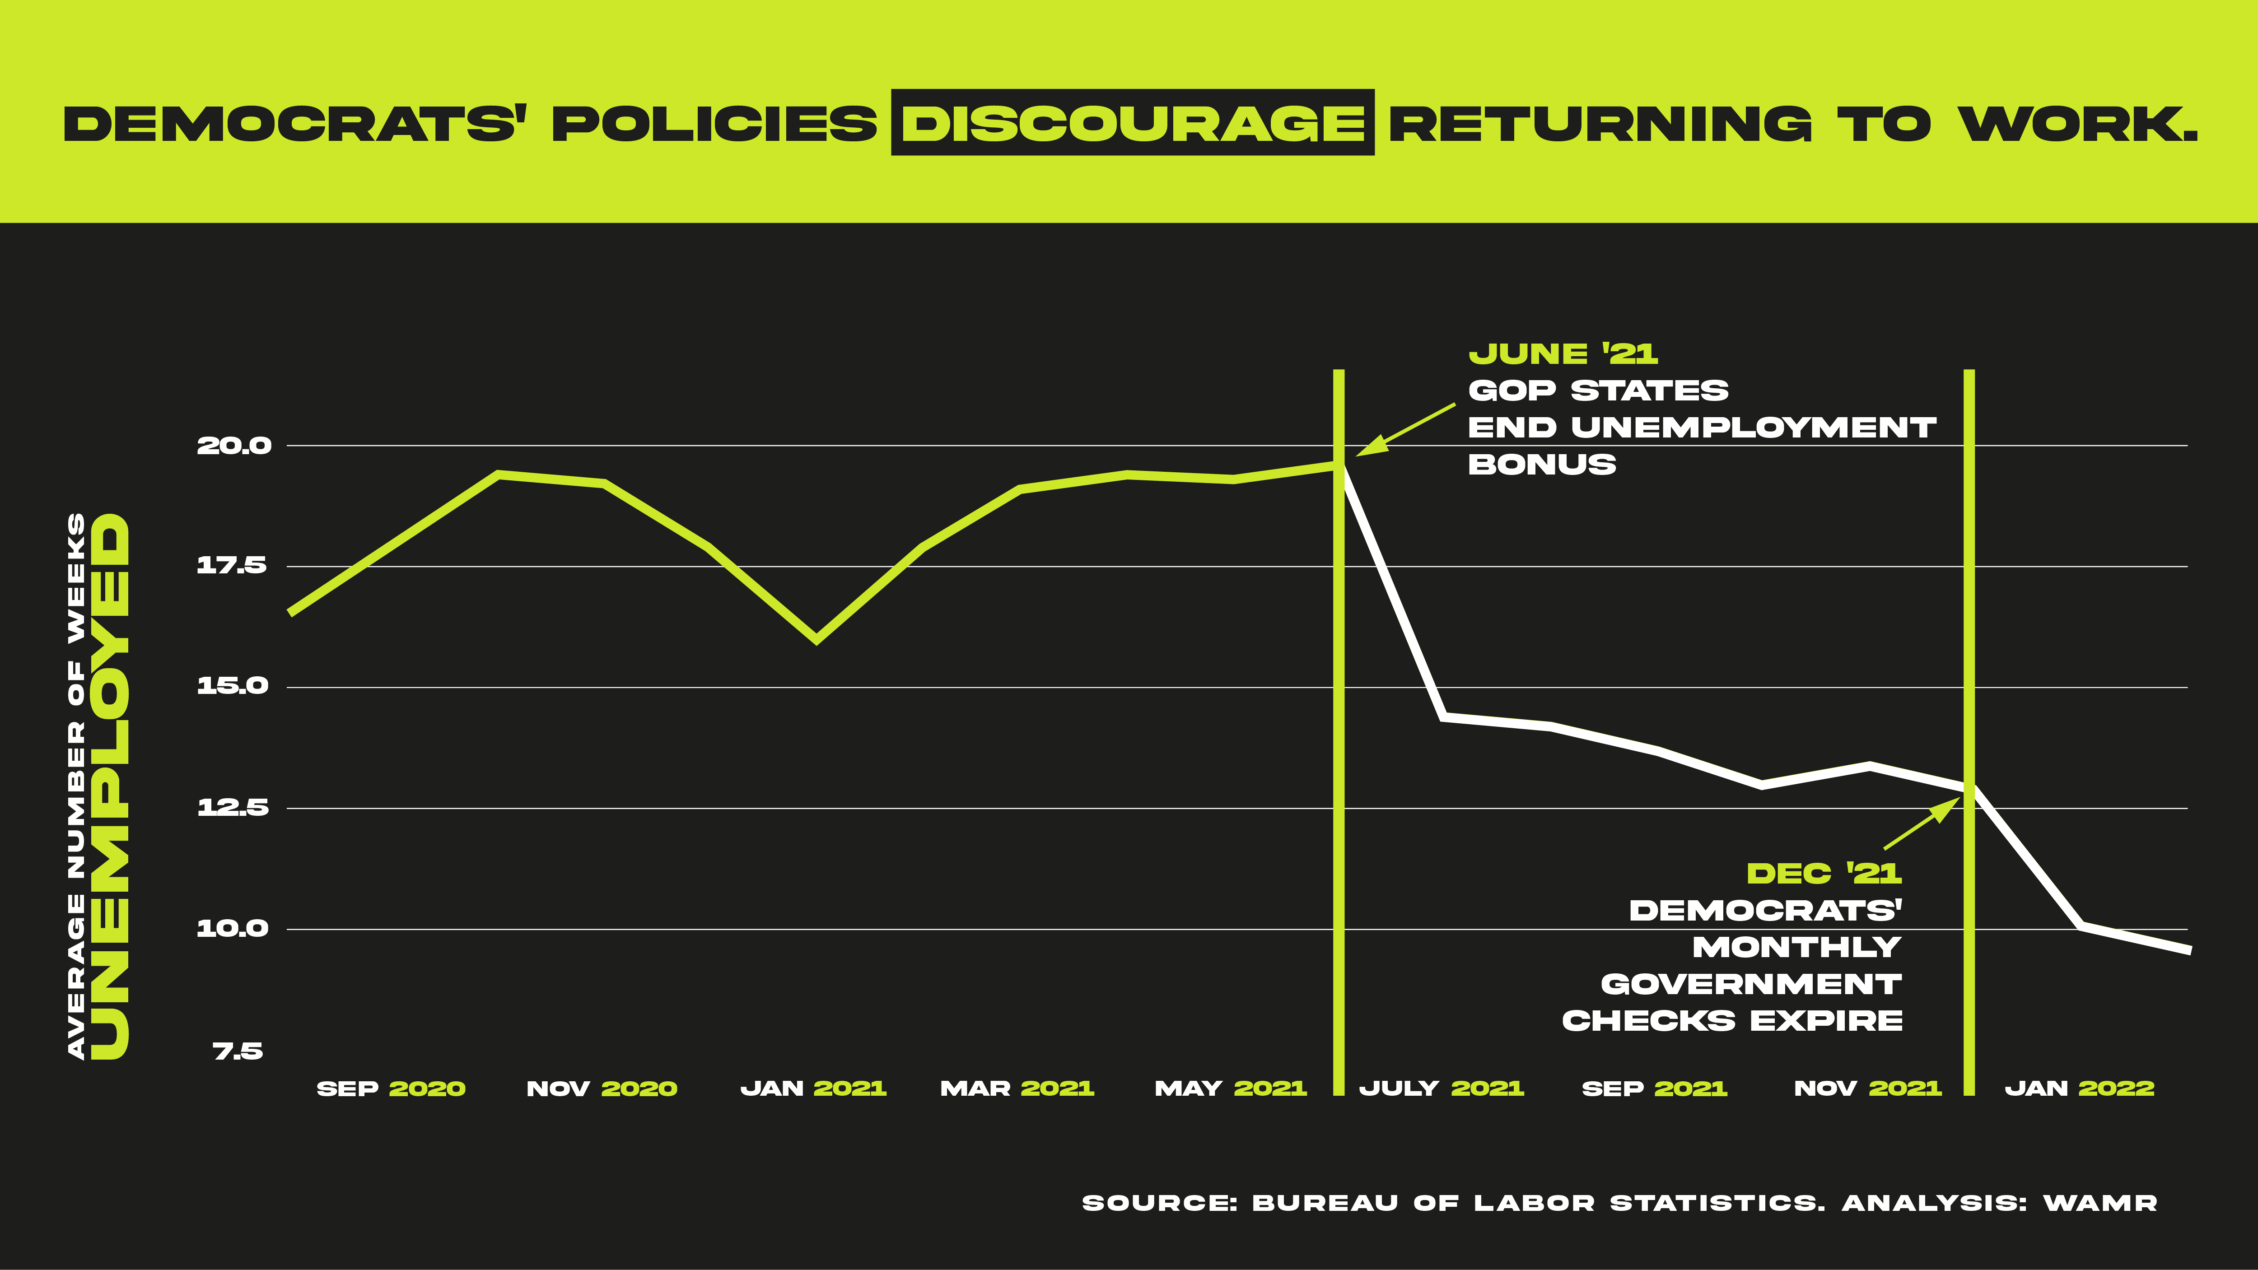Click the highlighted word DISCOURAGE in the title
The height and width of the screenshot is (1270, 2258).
pyautogui.click(x=1133, y=123)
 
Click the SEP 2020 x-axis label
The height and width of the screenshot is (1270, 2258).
pyautogui.click(x=391, y=1089)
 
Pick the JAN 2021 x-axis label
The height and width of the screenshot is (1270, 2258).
pyautogui.click(x=813, y=1089)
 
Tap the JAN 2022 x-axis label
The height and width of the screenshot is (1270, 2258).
pyautogui.click(x=2079, y=1089)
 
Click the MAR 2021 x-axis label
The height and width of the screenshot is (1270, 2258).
pyautogui.click(x=1017, y=1089)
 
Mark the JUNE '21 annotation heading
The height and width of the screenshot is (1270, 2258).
pyautogui.click(x=1563, y=354)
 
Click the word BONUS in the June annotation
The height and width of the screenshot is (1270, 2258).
pyautogui.click(x=1542, y=465)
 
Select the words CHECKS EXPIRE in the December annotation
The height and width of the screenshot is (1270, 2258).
pyautogui.click(x=1732, y=1021)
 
